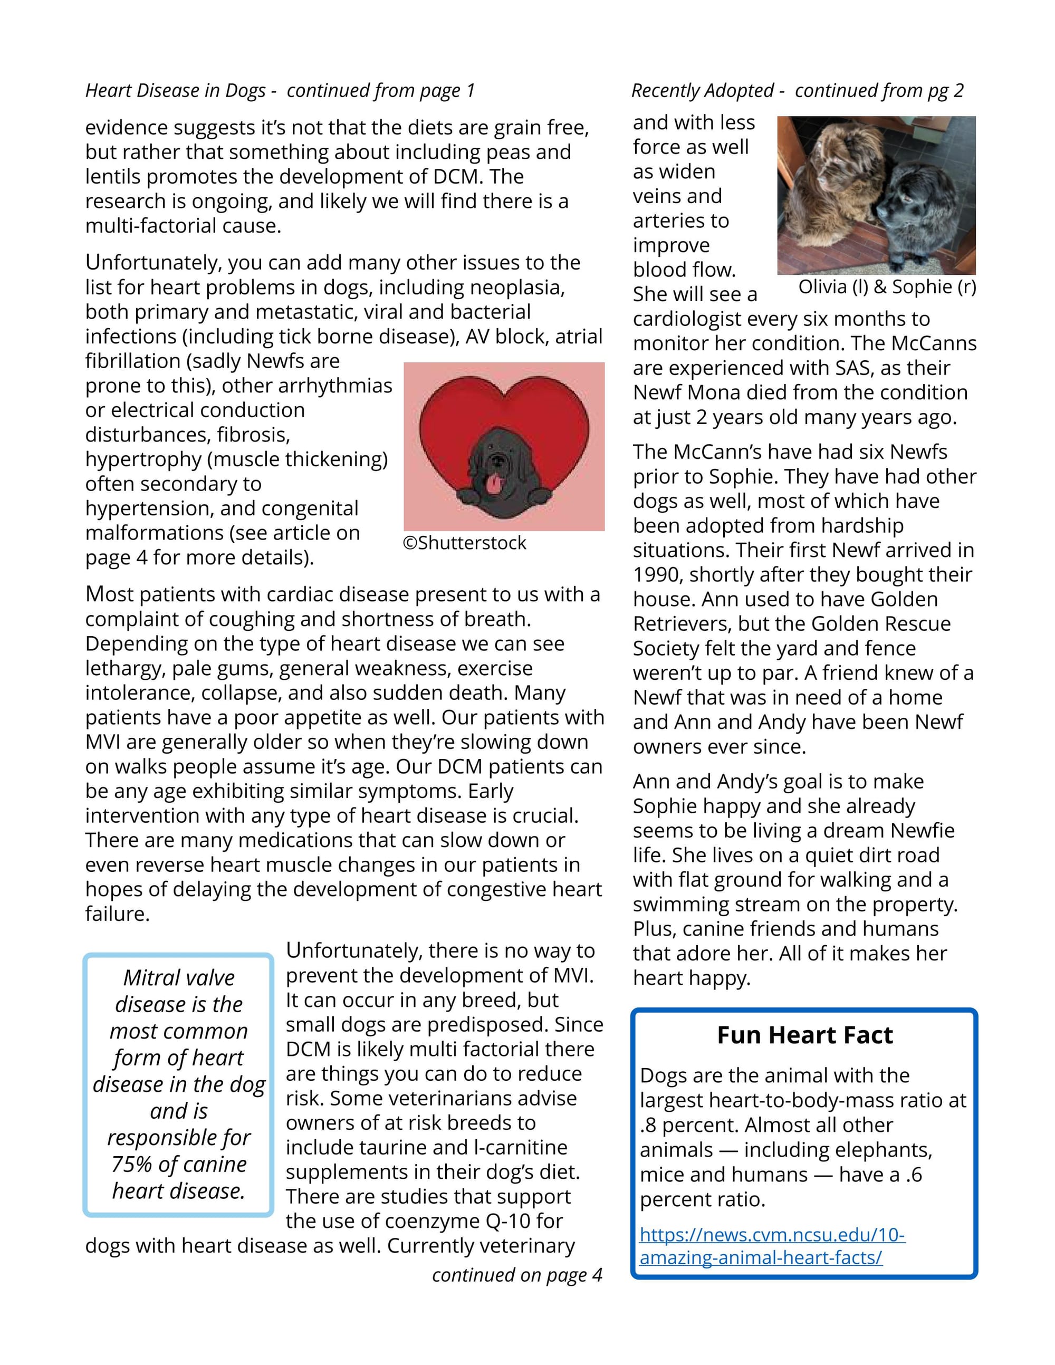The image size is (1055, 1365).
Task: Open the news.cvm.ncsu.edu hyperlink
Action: [x=772, y=1246]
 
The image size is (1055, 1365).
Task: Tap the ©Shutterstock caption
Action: [x=464, y=543]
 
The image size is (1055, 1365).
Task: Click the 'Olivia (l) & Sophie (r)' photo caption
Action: [x=887, y=287]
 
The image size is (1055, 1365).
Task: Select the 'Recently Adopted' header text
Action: [x=703, y=91]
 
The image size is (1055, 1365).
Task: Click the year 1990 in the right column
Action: [x=656, y=575]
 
